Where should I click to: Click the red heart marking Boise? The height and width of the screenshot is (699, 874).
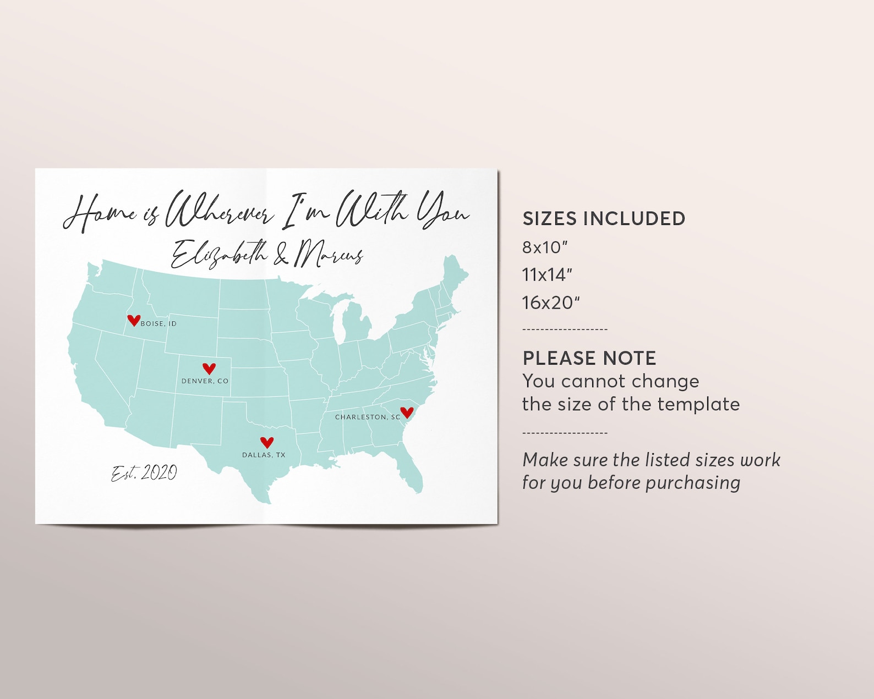click(x=133, y=320)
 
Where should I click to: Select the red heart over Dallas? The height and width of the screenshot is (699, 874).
click(x=267, y=442)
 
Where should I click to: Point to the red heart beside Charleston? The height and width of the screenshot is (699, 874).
click(x=407, y=412)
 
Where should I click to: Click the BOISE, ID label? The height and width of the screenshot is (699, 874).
click(x=159, y=324)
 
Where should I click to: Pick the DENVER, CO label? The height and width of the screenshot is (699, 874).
click(x=205, y=381)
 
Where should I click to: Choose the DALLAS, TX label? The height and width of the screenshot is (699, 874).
click(x=264, y=455)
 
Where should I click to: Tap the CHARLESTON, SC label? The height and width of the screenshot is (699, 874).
click(x=368, y=417)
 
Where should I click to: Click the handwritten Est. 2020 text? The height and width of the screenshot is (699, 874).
click(x=144, y=473)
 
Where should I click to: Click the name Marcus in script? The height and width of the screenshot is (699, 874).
click(x=329, y=255)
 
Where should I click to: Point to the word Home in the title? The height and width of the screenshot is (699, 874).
click(x=100, y=213)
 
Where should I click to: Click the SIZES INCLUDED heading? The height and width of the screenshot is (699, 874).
click(x=604, y=219)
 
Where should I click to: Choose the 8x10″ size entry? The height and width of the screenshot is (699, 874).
click(x=544, y=247)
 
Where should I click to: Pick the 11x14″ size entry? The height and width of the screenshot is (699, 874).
click(x=547, y=275)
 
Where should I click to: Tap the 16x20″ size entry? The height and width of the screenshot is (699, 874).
click(x=551, y=302)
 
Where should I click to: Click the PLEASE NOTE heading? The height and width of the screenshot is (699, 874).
click(x=589, y=359)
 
